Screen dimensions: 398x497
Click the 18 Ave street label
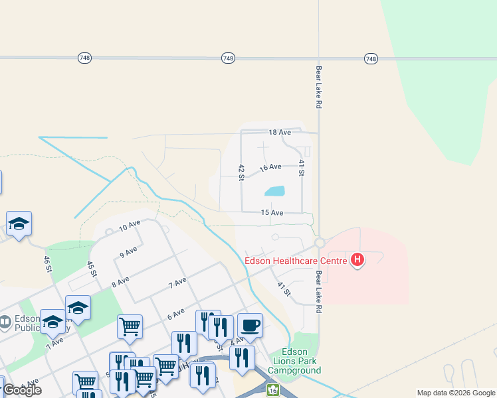tap(280, 133)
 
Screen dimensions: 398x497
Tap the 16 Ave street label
tap(270, 167)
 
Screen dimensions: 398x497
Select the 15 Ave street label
tap(272, 212)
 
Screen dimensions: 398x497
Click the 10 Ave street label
tap(130, 226)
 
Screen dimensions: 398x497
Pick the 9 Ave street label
tap(128, 252)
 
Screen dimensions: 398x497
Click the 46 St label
tap(47, 263)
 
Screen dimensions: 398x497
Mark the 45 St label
tap(92, 269)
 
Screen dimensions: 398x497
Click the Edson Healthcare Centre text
tap(296, 261)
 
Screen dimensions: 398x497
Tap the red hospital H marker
tap(358, 259)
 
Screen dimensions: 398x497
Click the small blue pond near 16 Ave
tap(274, 191)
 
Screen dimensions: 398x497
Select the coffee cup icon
tap(250, 326)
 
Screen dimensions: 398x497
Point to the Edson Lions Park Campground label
tap(295, 361)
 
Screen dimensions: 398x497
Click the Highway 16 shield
tap(273, 391)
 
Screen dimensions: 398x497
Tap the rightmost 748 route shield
tap(371, 59)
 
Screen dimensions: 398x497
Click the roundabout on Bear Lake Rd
tap(319, 243)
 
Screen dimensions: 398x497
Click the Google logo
tap(23, 390)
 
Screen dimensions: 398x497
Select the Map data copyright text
tap(456, 393)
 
